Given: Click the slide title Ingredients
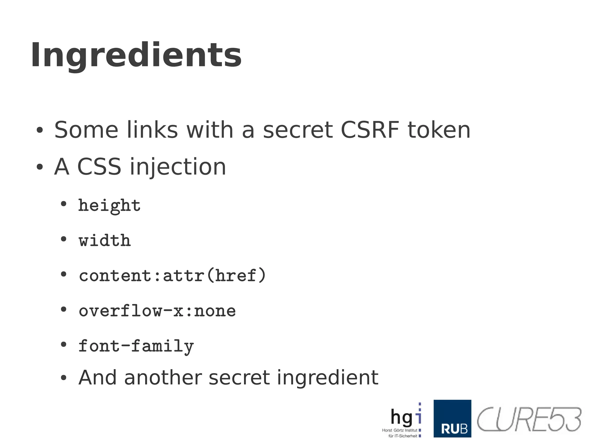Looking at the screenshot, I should click(x=136, y=55).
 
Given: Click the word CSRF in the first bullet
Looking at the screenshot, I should click(x=370, y=130).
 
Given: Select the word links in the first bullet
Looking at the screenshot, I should click(x=152, y=130).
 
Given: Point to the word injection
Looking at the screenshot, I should click(x=177, y=167).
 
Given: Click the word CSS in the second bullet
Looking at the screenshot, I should click(x=99, y=167).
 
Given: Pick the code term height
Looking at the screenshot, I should click(x=109, y=206).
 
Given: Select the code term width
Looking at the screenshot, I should click(x=105, y=240).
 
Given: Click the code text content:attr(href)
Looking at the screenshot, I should click(x=172, y=275).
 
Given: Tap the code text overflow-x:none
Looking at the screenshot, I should click(x=157, y=311).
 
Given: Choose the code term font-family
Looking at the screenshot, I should click(x=136, y=346).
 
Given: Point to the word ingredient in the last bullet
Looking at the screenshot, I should click(x=328, y=378).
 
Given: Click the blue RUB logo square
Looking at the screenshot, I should click(x=452, y=418).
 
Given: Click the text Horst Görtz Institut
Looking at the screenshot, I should click(x=399, y=430).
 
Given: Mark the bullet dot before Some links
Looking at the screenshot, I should click(x=40, y=130).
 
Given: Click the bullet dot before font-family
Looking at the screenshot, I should click(x=64, y=345).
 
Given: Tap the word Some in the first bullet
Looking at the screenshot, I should click(x=86, y=130).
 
